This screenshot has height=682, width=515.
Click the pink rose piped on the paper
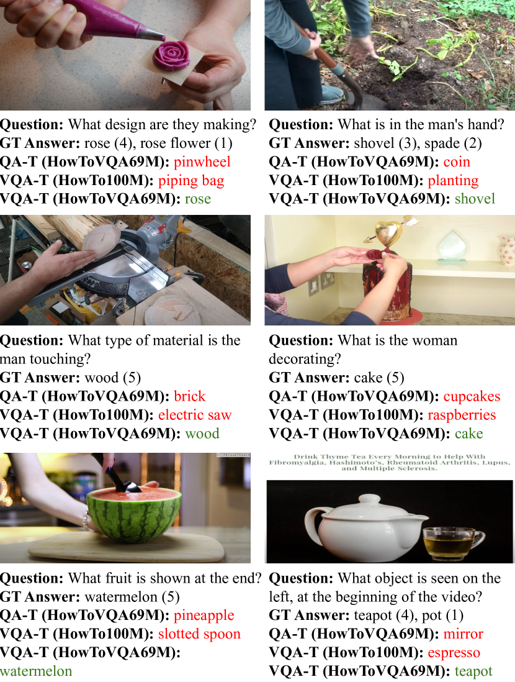[171, 57]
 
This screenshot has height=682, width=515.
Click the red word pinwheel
[202, 161]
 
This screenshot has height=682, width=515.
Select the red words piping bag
[191, 181]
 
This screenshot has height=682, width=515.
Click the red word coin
[457, 161]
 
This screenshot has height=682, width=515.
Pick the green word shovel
[475, 199]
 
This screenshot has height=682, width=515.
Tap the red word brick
[189, 396]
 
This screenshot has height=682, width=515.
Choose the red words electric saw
[195, 415]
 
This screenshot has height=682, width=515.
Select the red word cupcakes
[472, 397]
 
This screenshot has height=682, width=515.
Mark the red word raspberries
[462, 415]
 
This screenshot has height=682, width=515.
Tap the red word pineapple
[204, 616]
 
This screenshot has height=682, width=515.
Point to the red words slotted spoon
[199, 634]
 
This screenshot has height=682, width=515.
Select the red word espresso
[454, 653]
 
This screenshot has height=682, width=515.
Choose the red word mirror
[463, 634]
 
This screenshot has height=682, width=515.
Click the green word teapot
[473, 671]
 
